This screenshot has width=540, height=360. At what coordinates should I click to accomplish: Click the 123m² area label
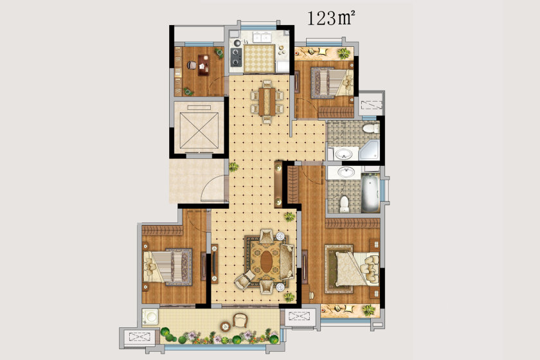coord(330,18)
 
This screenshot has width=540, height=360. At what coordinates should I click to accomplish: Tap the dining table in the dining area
coord(267,102)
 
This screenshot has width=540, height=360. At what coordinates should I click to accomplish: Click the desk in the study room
coord(203,65)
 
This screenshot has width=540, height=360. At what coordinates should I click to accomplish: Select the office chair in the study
coord(192,65)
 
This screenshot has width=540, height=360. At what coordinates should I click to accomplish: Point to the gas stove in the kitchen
coord(236,57)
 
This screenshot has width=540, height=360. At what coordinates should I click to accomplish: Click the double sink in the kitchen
coord(262,37)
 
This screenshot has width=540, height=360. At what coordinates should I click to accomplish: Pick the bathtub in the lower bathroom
coord(370,193)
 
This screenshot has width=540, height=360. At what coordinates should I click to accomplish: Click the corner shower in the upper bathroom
coord(369,150)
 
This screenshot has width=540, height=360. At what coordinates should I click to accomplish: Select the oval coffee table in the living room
coord(266,261)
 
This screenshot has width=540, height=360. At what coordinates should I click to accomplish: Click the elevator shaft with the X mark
coord(199,130)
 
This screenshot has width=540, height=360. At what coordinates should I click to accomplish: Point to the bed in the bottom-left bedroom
coord(167,267)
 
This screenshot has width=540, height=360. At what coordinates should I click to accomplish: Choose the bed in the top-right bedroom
coord(332,83)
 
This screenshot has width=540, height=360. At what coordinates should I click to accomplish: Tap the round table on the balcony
coord(226,326)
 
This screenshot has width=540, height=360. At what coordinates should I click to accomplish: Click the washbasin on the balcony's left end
coord(150,317)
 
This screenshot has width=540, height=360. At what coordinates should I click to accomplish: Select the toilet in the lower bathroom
coord(345,204)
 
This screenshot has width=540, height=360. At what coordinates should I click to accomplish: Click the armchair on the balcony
coord(240,320)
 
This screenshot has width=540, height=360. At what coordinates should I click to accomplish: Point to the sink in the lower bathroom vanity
coord(346,172)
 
